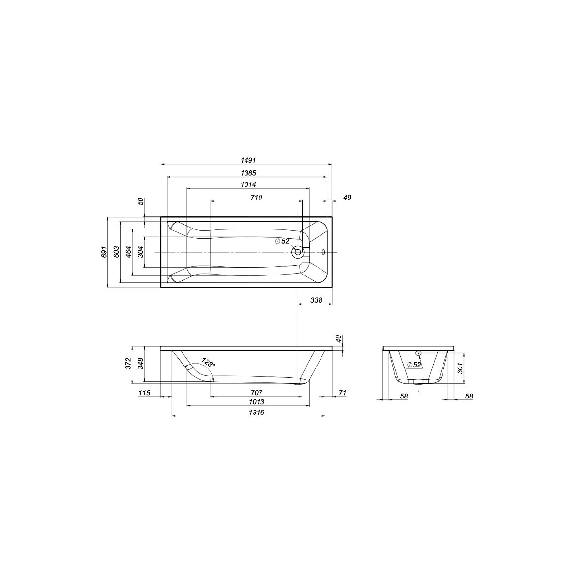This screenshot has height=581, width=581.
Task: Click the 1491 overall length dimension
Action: pos(248,160)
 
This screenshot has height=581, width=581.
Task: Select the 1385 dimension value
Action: pos(248,173)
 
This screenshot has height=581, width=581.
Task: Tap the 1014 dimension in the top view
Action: pos(248,184)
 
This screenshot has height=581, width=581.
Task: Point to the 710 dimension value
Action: pos(256,198)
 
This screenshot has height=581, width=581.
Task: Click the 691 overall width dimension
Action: pos(104,252)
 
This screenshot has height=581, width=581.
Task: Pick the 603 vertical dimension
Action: pos(116,252)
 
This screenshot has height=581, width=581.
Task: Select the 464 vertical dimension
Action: pos(128,252)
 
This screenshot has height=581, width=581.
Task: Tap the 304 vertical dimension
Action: pos(140,252)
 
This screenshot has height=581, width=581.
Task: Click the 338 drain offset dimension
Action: pos(316,300)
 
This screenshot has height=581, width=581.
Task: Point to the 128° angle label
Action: pos(208,363)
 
